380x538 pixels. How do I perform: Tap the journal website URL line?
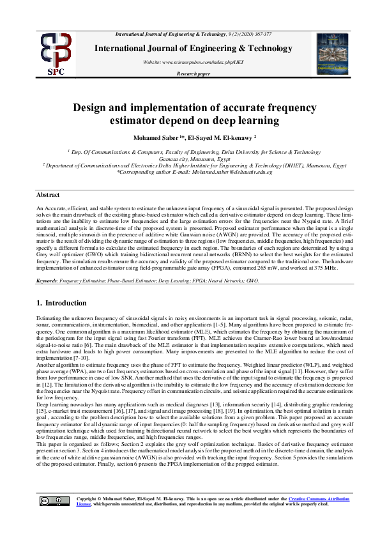(x=193, y=62)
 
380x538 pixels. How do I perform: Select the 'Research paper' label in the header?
(x=194, y=74)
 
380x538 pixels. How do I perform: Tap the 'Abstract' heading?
(x=48, y=194)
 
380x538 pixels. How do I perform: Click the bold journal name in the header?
(x=194, y=48)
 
